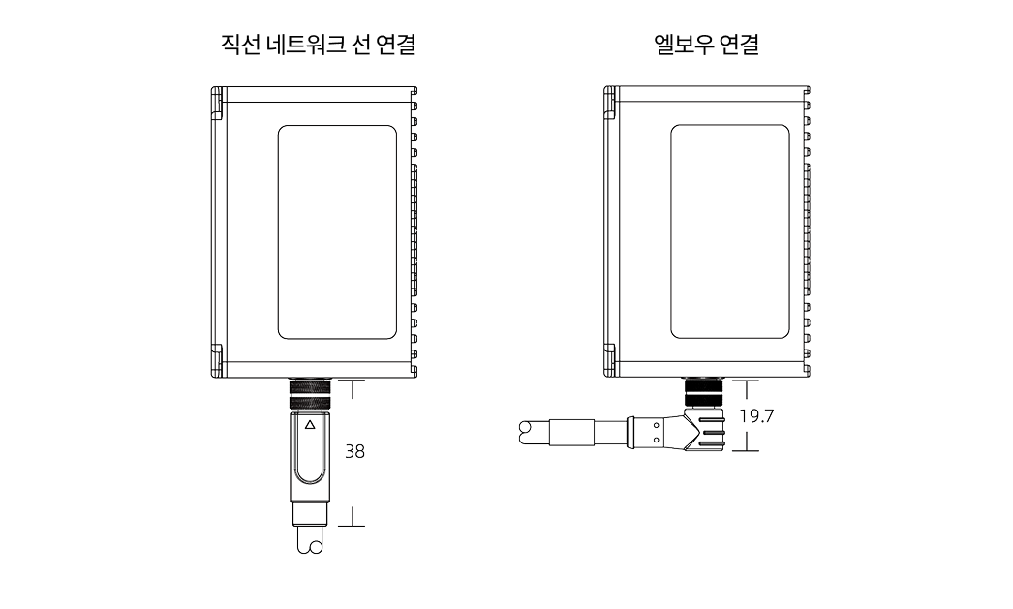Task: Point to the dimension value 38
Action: (355, 451)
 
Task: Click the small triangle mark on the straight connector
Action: (310, 425)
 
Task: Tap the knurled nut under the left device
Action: (310, 397)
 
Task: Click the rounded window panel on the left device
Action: (336, 231)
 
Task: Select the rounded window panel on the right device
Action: (729, 231)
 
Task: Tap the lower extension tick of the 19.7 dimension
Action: (747, 451)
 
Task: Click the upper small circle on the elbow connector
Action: (656, 422)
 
